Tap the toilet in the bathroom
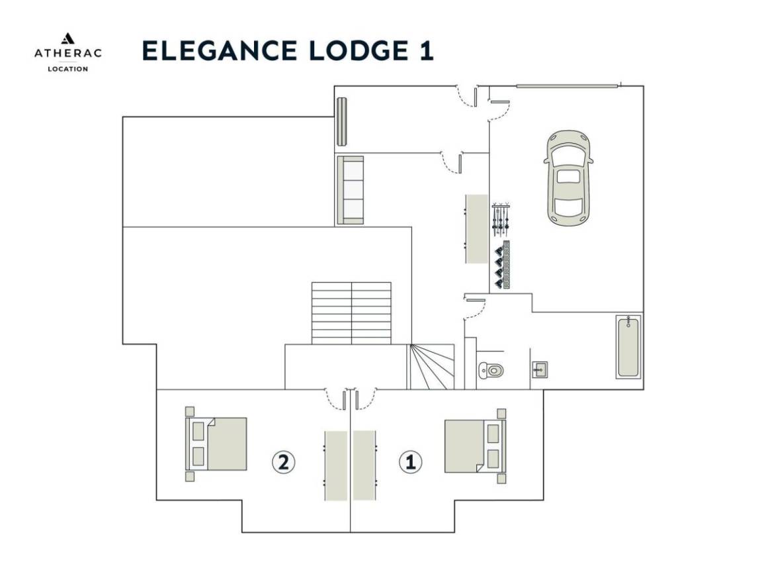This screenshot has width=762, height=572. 491,371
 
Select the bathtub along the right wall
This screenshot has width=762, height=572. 628,346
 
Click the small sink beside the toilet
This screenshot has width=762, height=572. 540,369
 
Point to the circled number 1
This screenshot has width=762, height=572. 411,461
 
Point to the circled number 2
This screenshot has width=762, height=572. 283,461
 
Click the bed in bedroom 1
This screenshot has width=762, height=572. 476,446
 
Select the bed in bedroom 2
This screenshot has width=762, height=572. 216,444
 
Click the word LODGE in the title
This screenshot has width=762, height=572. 359,50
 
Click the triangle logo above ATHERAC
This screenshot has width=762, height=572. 67,38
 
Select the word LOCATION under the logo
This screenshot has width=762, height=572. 67,69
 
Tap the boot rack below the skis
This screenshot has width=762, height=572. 502,265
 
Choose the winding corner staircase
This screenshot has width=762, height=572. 432,367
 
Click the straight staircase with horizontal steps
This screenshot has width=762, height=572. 351,313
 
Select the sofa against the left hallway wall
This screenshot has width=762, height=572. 351,190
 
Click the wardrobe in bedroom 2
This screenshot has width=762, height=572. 336,465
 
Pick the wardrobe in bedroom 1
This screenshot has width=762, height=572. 364,465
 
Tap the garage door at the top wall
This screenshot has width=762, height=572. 567,86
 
